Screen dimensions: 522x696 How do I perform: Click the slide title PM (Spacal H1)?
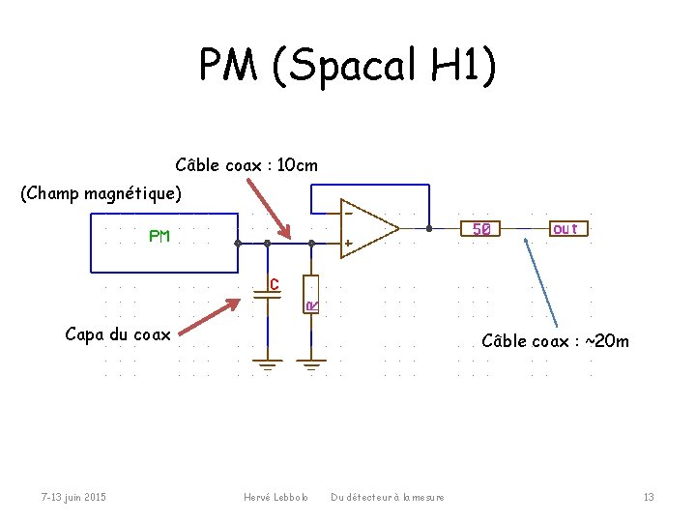coord(348,66)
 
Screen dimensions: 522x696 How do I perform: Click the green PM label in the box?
coord(159,235)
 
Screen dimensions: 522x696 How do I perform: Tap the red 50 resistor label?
coord(480,229)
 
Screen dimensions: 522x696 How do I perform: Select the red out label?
coord(565,228)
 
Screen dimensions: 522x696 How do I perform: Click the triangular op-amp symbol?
coord(370,228)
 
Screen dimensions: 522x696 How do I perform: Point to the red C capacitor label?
coord(275,284)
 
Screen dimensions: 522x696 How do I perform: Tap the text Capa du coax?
coord(117,334)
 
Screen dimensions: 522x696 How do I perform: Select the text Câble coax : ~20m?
coord(555,340)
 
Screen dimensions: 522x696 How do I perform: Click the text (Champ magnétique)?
coord(101,193)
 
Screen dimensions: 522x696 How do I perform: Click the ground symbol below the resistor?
coord(311,365)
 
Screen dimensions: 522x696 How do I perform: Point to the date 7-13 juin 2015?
coord(73,497)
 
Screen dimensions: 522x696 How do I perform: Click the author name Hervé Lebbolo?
coord(275,497)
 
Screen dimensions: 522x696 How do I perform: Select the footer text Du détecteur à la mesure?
coord(388,497)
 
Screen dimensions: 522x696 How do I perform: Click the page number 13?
coord(649,497)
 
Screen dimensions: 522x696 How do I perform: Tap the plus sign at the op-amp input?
coord(348,243)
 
